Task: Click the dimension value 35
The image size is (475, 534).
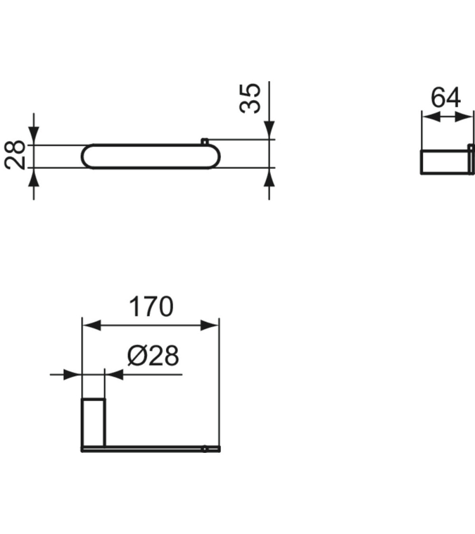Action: click(x=250, y=98)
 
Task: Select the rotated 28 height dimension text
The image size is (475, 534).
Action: click(x=17, y=155)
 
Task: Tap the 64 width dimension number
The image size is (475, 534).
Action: click(x=446, y=98)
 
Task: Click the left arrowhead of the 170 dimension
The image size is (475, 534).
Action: click(x=92, y=326)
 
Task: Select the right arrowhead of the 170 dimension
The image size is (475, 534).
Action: click(x=209, y=326)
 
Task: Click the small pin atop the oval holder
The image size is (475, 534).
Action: click(x=204, y=141)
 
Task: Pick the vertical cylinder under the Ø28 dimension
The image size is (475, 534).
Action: click(x=94, y=422)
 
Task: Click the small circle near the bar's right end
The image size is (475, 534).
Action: click(x=205, y=449)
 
